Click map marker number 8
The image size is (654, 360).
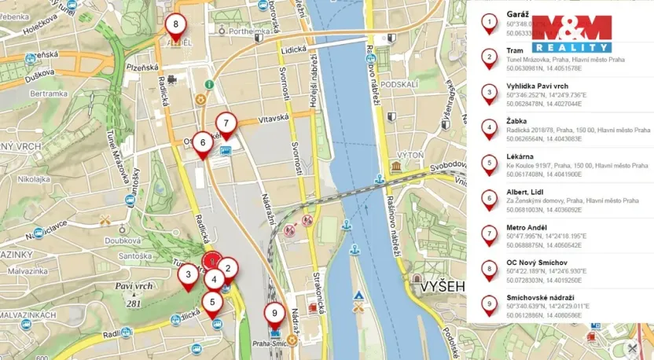176,24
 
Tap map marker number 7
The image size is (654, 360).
226,123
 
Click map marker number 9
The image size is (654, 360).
274,314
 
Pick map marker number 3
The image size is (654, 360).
188,275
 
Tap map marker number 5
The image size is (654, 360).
212,301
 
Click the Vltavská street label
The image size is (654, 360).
274,117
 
